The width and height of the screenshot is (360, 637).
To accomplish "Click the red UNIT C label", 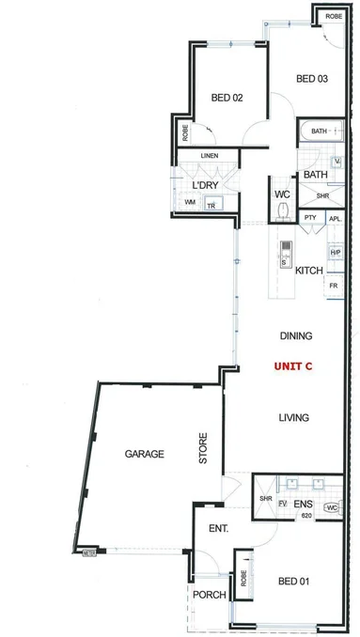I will (x=292, y=366).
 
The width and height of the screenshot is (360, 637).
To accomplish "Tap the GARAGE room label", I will (x=144, y=454).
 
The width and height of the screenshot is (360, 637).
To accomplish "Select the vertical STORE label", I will (x=202, y=450).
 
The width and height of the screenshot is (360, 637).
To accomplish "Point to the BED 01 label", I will (x=293, y=583).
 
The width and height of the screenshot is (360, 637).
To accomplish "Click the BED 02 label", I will (x=227, y=97).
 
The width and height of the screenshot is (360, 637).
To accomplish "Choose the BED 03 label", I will (x=311, y=79).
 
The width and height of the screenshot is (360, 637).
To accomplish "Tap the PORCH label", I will (x=207, y=596).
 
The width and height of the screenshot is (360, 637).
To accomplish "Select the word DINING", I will (x=295, y=335).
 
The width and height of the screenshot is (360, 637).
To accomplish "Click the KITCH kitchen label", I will (x=309, y=271).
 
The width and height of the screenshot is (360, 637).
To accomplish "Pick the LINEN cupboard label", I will (x=210, y=155).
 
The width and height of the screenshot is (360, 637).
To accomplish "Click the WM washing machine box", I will (x=190, y=202).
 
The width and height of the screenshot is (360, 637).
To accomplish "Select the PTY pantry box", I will (x=310, y=218).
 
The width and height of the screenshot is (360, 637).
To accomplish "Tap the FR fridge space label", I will (x=334, y=285).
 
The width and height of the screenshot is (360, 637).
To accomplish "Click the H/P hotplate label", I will (x=335, y=253).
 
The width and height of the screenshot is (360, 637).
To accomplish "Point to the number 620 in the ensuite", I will (x=305, y=516).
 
